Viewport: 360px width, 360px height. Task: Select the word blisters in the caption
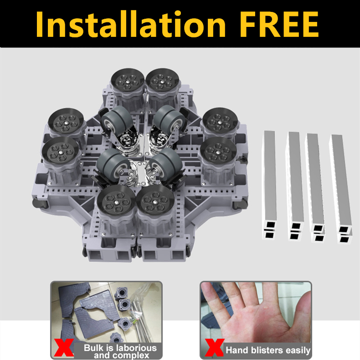pyautogui.click(x=265, y=350)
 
